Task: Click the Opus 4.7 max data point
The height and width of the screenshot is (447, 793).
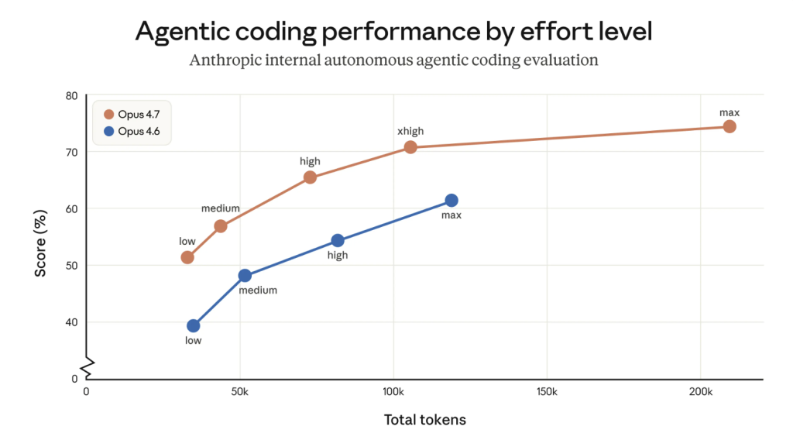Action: tap(729, 126)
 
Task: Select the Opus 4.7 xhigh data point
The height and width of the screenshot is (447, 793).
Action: tap(410, 147)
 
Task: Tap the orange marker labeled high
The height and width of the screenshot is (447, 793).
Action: tap(310, 177)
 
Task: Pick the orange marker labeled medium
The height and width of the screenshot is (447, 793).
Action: tap(221, 226)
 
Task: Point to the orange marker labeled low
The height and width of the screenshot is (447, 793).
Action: tap(187, 257)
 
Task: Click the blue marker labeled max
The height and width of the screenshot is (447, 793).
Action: tap(451, 201)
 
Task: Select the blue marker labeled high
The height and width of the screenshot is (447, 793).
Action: tap(338, 241)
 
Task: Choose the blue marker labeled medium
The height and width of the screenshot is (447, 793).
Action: tap(245, 276)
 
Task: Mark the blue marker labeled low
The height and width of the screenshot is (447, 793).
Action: tap(194, 326)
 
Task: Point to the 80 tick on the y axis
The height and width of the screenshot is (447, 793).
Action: tap(72, 96)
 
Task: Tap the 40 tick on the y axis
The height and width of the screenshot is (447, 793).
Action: tap(72, 322)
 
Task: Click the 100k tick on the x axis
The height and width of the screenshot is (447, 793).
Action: tap(393, 392)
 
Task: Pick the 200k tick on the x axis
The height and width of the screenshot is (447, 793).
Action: tap(700, 392)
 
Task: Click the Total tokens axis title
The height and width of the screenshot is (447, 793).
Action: tap(425, 420)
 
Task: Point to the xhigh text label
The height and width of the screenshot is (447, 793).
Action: tap(410, 131)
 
